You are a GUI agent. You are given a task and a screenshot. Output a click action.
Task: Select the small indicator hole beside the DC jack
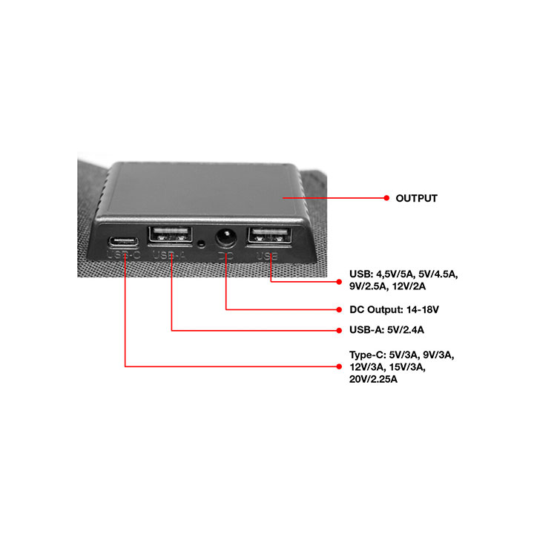click(x=201, y=244)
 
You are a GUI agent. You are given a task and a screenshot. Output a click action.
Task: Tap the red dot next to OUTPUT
click(x=386, y=198)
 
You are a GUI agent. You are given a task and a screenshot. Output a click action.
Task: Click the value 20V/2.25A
click(x=373, y=379)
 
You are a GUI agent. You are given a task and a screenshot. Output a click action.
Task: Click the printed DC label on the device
click(x=225, y=257)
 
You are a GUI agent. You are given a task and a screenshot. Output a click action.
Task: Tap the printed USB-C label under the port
click(x=124, y=257)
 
